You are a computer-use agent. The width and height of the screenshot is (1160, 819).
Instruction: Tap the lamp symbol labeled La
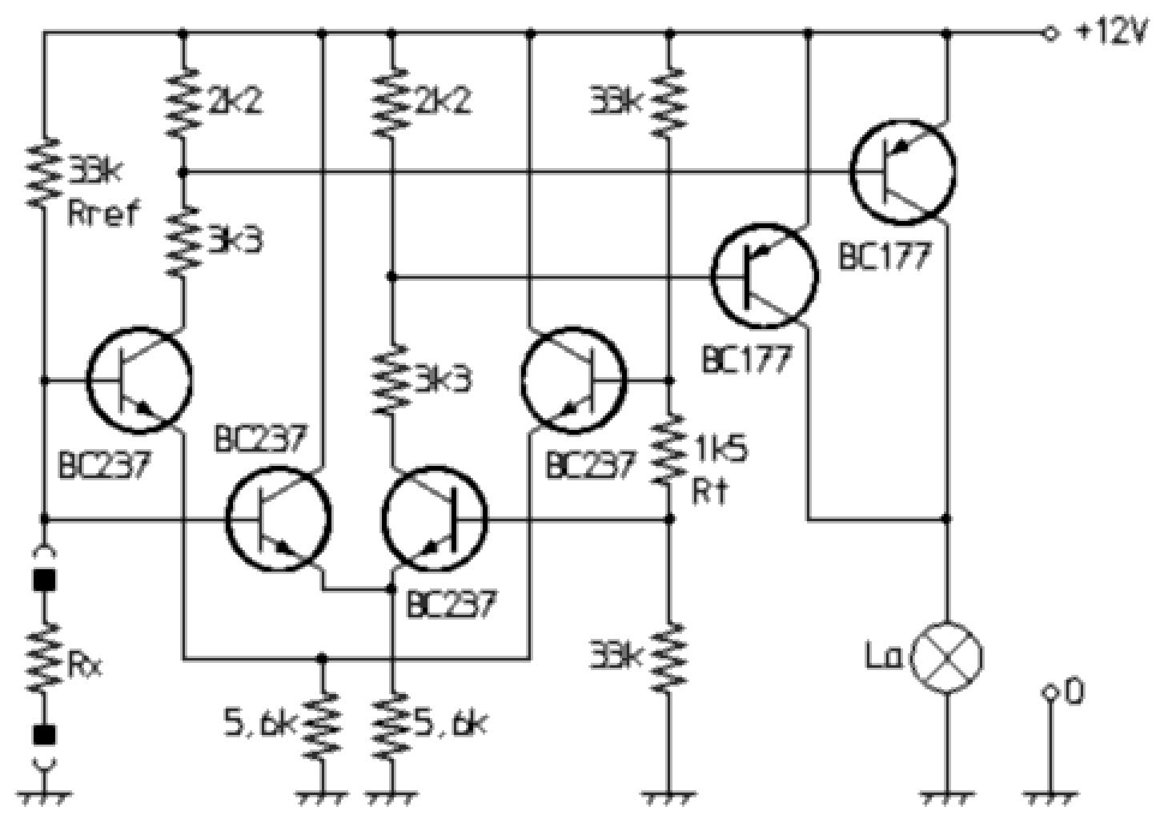948,656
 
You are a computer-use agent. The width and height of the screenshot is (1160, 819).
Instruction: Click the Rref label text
102,213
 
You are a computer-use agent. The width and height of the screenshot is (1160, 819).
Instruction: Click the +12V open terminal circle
1050,34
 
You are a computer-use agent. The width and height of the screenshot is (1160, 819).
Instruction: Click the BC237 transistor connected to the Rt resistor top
572,379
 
